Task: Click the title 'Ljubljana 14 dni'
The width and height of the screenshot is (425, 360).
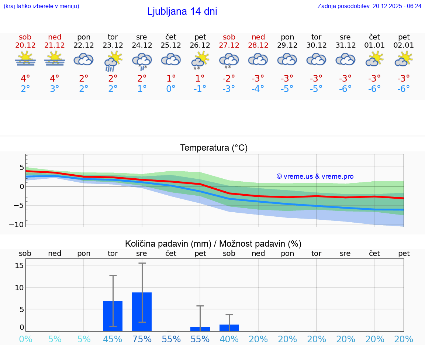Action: pyautogui.click(x=182, y=11)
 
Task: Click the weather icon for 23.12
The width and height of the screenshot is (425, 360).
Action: pyautogui.click(x=113, y=61)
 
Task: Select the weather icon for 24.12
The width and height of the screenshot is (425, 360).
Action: pyautogui.click(x=142, y=61)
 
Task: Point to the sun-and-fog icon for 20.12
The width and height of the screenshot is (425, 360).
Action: pyautogui.click(x=25, y=59)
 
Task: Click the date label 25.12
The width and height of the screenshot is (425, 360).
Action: pyautogui.click(x=171, y=45)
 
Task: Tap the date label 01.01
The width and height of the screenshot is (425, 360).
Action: pyautogui.click(x=374, y=45)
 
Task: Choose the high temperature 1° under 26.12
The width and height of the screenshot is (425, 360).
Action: pyautogui.click(x=200, y=78)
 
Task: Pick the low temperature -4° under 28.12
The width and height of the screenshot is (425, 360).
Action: pyautogui.click(x=258, y=89)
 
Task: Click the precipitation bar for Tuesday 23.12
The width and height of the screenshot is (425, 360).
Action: pyautogui.click(x=113, y=316)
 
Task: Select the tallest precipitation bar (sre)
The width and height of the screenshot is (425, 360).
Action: pyautogui.click(x=142, y=312)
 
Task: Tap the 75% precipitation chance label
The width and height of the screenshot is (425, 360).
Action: pyautogui.click(x=142, y=339)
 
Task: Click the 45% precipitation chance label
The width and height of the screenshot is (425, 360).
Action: pyautogui.click(x=113, y=339)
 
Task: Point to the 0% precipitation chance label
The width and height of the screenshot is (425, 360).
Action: pyautogui.click(x=25, y=339)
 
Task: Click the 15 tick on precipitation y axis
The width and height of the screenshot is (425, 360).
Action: pyautogui.click(x=20, y=265)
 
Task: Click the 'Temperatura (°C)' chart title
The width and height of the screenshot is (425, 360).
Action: pyautogui.click(x=214, y=148)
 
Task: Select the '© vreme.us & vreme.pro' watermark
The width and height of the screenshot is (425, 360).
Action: pyautogui.click(x=315, y=176)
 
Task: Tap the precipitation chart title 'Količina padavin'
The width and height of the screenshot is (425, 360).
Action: pyautogui.click(x=213, y=244)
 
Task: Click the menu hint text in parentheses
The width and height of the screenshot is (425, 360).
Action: pyautogui.click(x=41, y=6)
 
